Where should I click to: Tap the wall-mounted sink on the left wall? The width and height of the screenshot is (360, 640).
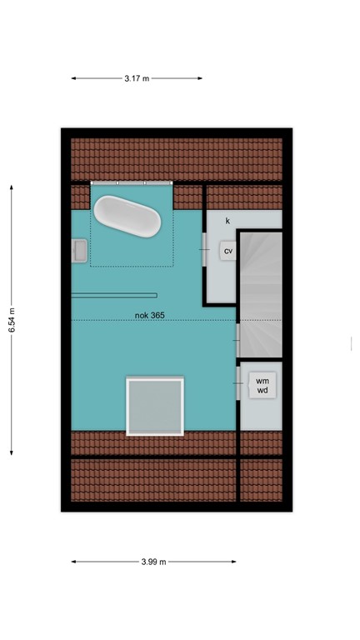[80, 250]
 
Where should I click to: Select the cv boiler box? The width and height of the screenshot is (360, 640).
[228, 250]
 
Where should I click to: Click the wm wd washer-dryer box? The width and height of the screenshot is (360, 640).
[262, 384]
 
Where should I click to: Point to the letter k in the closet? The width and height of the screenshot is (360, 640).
[227, 221]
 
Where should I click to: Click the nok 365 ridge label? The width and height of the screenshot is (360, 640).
[150, 315]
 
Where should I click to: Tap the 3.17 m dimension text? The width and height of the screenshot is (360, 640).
[137, 78]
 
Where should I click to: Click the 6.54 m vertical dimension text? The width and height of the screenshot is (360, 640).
[12, 319]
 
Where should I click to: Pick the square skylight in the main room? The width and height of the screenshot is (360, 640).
[154, 406]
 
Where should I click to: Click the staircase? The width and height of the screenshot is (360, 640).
[261, 292]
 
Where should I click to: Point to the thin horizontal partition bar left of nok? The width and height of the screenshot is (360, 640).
[113, 294]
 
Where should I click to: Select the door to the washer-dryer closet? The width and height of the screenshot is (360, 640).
[240, 385]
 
